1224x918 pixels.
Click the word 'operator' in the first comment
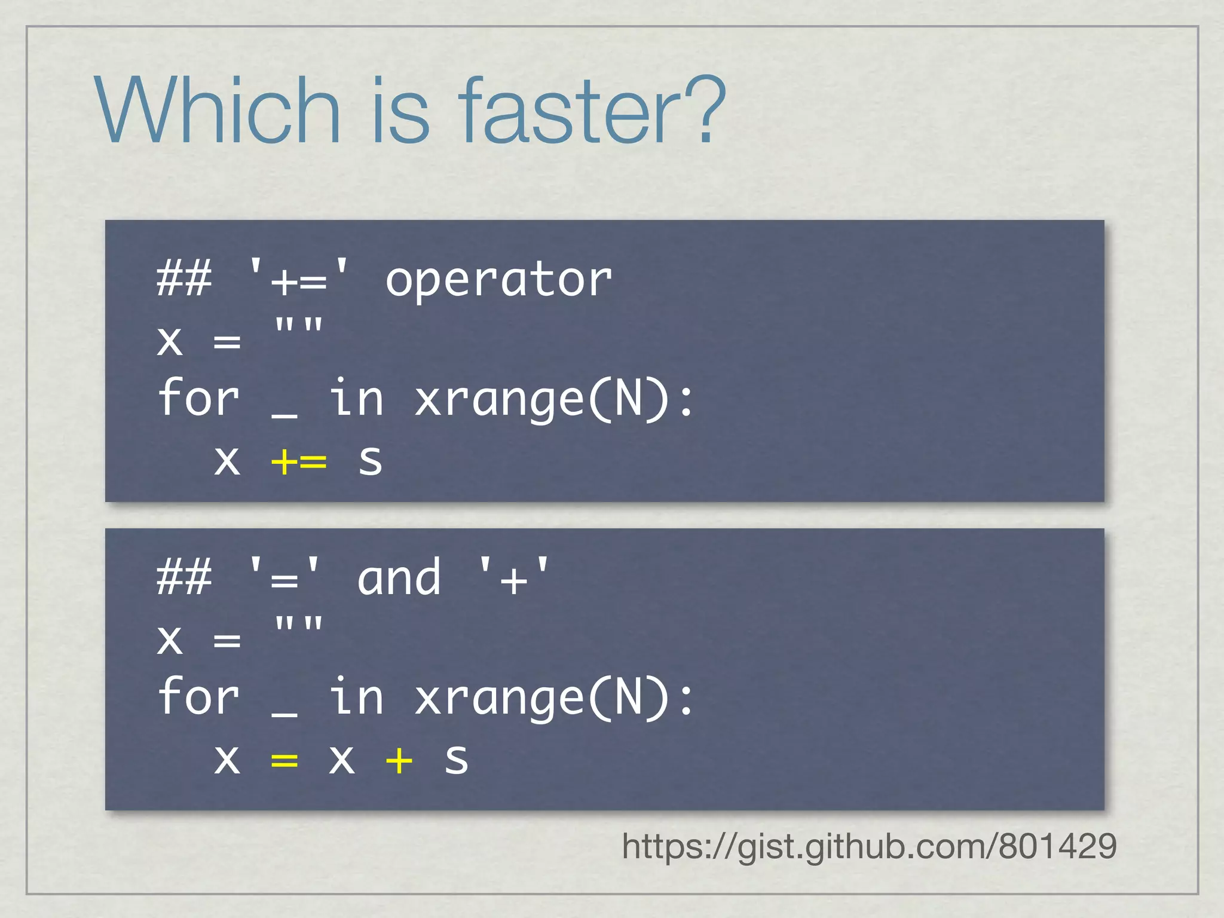point(498,280)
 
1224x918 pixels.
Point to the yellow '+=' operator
point(299,461)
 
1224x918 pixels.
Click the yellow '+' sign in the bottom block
point(399,760)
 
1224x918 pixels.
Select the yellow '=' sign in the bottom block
point(284,760)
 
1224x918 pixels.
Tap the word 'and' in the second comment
point(399,579)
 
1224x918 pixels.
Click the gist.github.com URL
point(869,846)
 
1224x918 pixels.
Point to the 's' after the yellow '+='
point(371,461)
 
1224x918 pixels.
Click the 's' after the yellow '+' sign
point(456,760)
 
